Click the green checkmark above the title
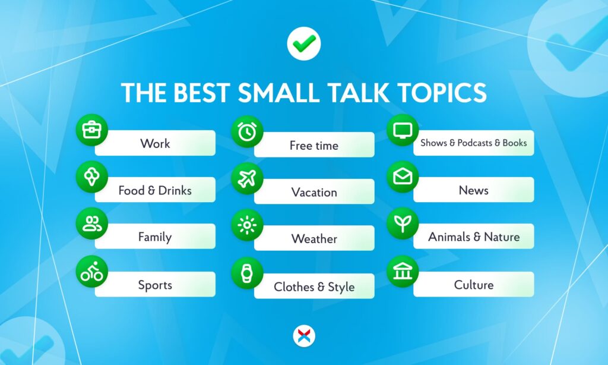pos(304,43)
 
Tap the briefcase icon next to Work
pos(92,129)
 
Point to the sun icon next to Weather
pos(246,225)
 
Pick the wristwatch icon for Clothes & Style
pos(246,273)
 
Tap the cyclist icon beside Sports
pos(92,272)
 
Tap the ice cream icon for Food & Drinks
pos(92,177)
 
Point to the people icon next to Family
pos(92,224)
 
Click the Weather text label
pos(314,239)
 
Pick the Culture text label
pos(473,285)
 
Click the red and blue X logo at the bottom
pos(304,336)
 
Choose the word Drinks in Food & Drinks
pos(175,190)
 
